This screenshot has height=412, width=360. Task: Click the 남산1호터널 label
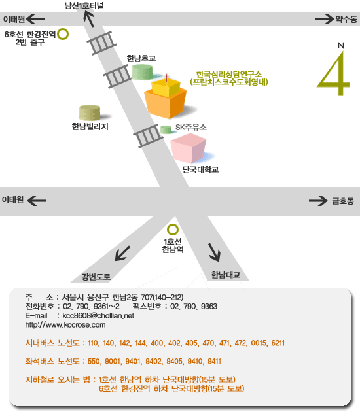84,5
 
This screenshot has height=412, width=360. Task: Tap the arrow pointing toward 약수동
325,19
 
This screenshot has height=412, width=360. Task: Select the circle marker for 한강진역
63,34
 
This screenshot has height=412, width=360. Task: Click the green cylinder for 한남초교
142,72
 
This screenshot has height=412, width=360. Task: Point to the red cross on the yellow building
166,77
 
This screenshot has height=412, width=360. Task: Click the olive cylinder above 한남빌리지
90,112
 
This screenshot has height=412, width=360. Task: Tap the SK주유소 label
191,127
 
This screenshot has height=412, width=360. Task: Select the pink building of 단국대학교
189,148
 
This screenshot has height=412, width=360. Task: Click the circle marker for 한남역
173,230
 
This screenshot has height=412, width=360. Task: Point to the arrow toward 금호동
318,201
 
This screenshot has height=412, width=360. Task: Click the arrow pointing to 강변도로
122,253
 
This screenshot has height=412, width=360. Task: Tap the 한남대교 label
226,275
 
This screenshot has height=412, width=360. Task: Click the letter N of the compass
341,46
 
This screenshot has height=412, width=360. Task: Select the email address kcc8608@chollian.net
98,316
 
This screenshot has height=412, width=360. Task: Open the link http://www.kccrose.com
65,325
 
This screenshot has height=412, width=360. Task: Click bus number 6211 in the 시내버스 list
278,343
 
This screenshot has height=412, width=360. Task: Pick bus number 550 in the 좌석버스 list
94,361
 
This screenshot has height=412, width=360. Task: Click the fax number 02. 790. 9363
194,306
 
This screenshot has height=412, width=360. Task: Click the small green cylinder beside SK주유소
166,129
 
